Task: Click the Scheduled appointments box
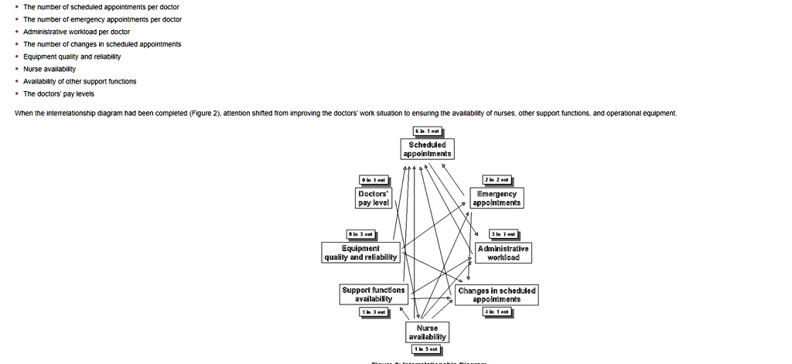pos(428,148)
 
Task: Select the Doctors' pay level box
pos(374,197)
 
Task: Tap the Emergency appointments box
pos(497,197)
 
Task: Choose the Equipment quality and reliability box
pos(361,253)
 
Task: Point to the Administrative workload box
pos(504,253)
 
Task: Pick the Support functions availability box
pos(374,294)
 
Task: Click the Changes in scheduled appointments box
pos(497,294)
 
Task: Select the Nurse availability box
pos(427,332)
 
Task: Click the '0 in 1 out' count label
pos(374,180)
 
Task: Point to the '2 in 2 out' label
pos(496,180)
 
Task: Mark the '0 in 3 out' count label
pos(361,234)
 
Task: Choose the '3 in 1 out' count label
pos(504,234)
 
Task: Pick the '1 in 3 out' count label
pos(374,311)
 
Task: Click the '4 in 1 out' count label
pos(497,311)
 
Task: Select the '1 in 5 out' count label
pos(427,349)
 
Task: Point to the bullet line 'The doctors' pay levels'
pos(59,94)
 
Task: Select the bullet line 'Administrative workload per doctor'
pos(77,32)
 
